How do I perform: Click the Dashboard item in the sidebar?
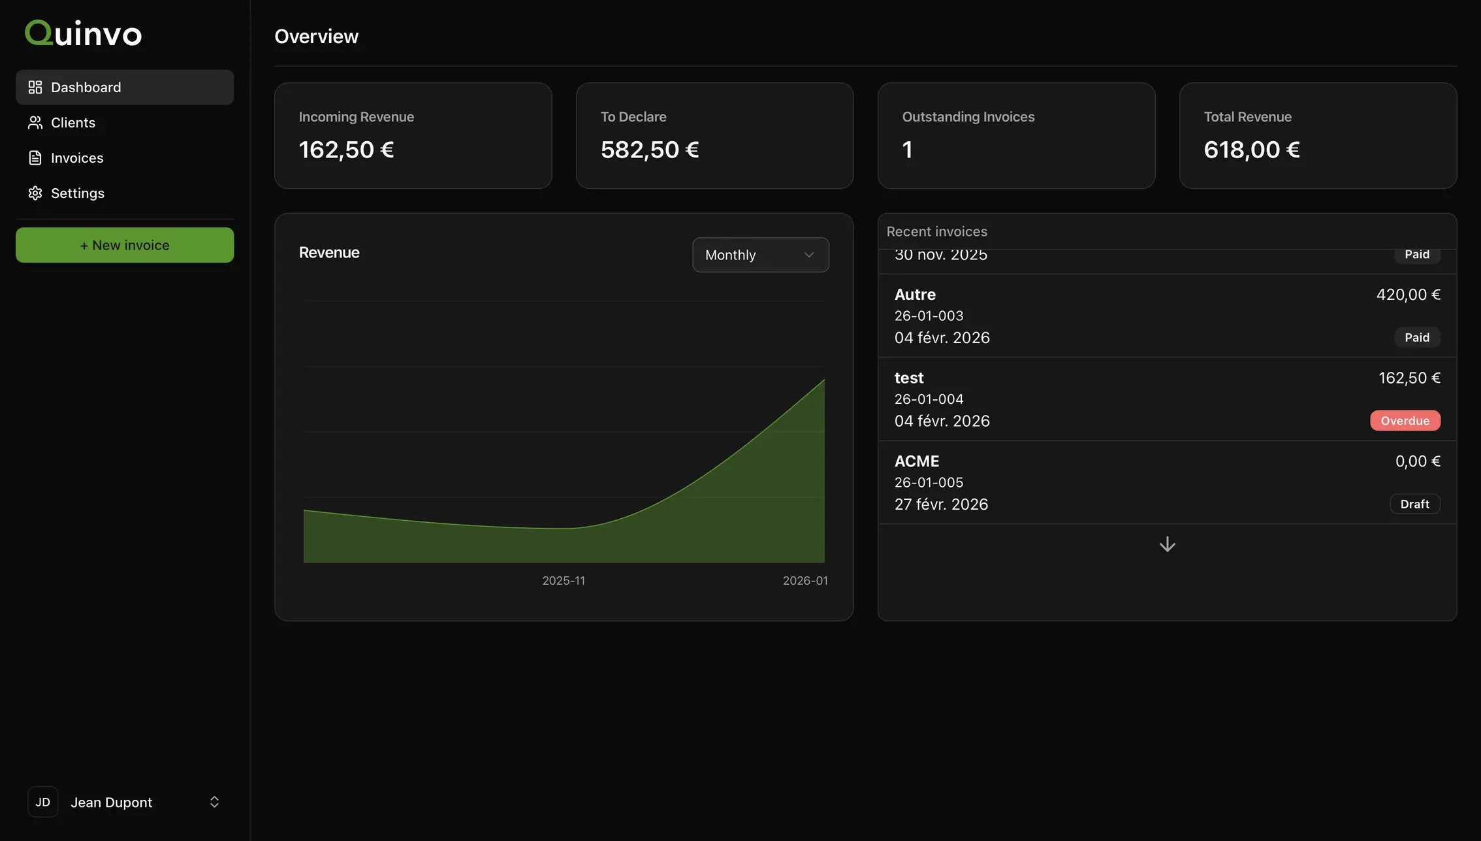(125, 87)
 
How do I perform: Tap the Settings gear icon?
(35, 193)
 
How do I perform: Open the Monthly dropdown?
(761, 255)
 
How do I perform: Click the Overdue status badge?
(1405, 420)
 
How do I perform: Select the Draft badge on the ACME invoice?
(1415, 504)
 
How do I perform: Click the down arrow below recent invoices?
(1168, 544)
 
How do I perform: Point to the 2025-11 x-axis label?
(564, 580)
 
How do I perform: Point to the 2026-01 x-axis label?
(805, 580)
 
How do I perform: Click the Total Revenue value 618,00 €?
(1252, 150)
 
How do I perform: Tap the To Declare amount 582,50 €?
(650, 150)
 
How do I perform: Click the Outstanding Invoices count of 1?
(907, 150)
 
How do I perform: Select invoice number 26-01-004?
(929, 399)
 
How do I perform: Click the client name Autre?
(915, 295)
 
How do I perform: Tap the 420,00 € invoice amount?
(1409, 295)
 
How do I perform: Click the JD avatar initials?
(43, 802)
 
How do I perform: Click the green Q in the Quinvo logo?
(39, 33)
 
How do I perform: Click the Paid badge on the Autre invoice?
(1417, 337)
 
